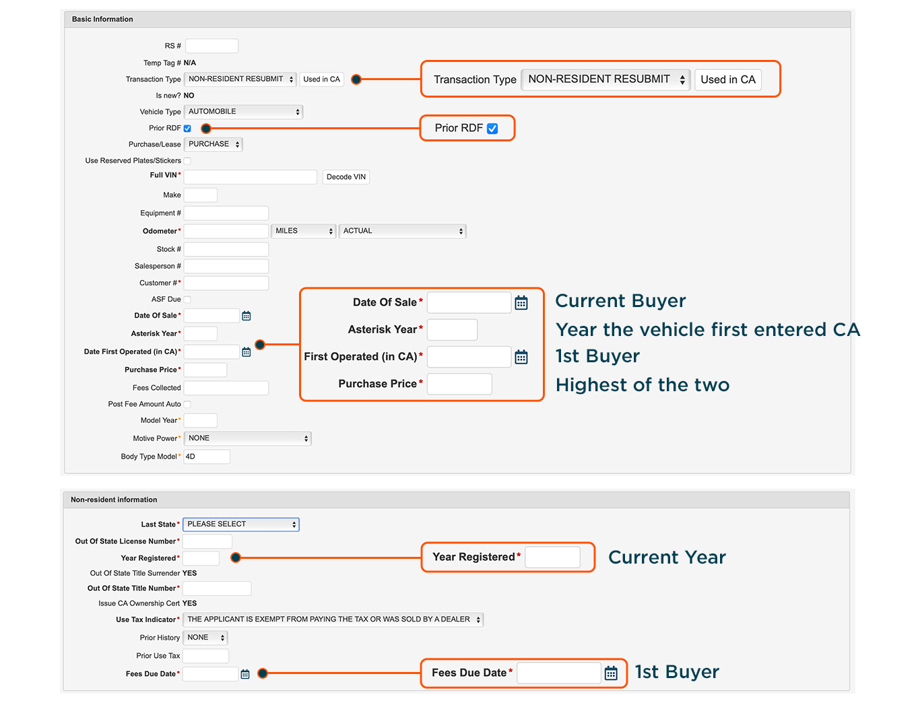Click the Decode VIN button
click(x=346, y=177)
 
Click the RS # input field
click(x=211, y=46)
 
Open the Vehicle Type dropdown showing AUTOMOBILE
click(x=243, y=112)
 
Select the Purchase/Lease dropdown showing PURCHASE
click(x=214, y=144)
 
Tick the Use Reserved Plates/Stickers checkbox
click(x=188, y=160)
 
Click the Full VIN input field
click(x=250, y=177)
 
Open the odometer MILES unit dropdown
click(x=304, y=231)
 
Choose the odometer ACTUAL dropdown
click(x=402, y=231)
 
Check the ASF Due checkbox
click(x=188, y=299)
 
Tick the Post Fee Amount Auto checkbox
click(x=188, y=404)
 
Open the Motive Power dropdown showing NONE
click(x=247, y=438)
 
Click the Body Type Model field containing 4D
click(x=207, y=457)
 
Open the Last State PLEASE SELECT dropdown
click(x=241, y=525)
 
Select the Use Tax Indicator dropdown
click(x=333, y=619)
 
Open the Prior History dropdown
click(x=205, y=638)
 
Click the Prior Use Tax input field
click(x=205, y=656)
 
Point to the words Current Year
click(x=667, y=557)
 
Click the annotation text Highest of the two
click(x=643, y=384)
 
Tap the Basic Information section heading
click(x=102, y=20)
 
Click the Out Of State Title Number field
click(x=217, y=589)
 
